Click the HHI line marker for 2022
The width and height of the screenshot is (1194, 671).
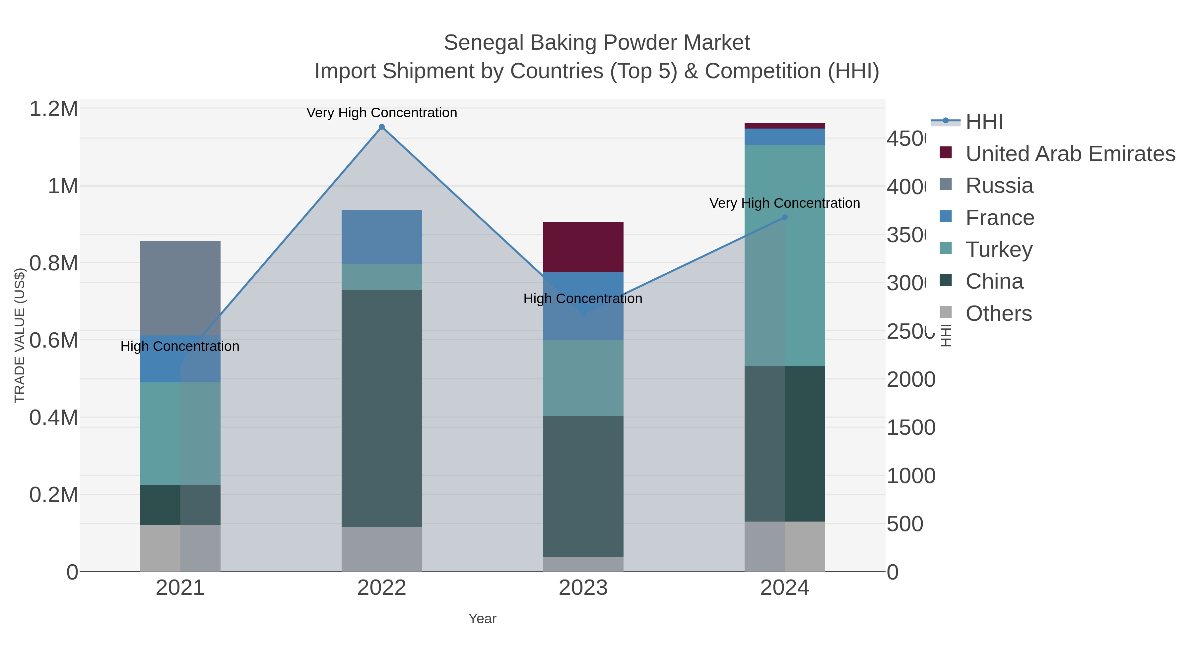point(381,127)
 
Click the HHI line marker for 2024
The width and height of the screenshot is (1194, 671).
point(784,217)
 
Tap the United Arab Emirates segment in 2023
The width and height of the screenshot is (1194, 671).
point(583,247)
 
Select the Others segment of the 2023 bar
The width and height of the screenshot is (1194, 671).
point(583,564)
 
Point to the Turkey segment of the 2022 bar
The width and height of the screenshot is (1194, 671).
point(381,277)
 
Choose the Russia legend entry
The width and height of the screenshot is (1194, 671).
point(999,186)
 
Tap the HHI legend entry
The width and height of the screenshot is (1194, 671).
point(984,122)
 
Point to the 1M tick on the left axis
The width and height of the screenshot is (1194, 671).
point(63,186)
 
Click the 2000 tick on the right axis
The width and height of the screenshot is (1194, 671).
point(910,380)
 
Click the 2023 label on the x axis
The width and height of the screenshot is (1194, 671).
point(583,588)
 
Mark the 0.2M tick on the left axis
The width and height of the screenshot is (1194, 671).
point(53,495)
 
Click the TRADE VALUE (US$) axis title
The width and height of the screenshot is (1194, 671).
point(20,335)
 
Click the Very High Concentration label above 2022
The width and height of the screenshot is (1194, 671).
point(381,113)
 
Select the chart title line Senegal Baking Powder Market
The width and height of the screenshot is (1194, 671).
point(597,43)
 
